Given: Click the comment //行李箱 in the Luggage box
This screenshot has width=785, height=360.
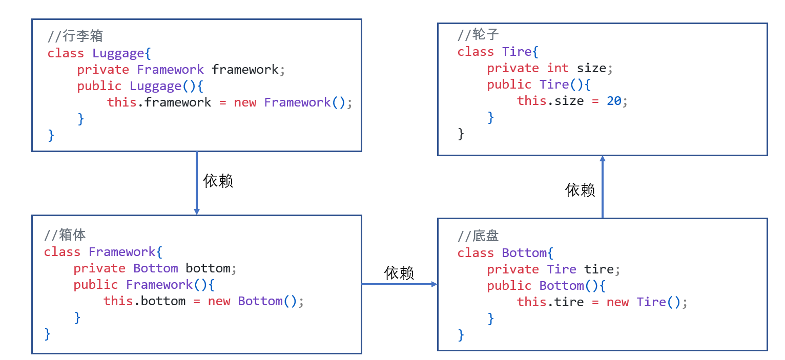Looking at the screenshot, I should [75, 36].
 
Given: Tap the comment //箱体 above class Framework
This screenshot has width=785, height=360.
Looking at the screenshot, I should [65, 235].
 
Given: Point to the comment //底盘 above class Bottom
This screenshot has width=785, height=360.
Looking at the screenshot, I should [478, 236].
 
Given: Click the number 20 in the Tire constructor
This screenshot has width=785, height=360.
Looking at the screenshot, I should [614, 101].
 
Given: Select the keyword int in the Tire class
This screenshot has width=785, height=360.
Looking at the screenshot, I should [557, 68].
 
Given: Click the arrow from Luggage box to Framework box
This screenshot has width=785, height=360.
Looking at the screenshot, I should [196, 183].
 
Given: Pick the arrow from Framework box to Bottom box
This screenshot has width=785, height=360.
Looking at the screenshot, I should [399, 284].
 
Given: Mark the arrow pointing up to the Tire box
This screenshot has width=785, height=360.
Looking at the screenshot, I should [603, 187].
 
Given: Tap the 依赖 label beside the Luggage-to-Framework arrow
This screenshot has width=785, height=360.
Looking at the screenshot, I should [218, 181].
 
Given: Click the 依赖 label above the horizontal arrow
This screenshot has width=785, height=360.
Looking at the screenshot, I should [399, 273].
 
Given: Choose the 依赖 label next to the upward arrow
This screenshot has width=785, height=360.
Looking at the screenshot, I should [580, 190].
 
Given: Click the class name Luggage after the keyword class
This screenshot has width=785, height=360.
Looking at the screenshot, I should [118, 53].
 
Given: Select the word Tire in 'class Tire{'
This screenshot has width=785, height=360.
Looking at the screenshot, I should [517, 52].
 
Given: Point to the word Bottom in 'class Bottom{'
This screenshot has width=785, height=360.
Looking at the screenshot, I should [524, 253].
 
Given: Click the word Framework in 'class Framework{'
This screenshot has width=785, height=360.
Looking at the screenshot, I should [122, 252].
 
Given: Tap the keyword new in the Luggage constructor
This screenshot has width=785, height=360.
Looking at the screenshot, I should [245, 102].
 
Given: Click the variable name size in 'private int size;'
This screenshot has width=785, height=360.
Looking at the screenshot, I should [591, 68].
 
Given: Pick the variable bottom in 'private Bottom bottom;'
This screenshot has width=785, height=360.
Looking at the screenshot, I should [208, 268].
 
